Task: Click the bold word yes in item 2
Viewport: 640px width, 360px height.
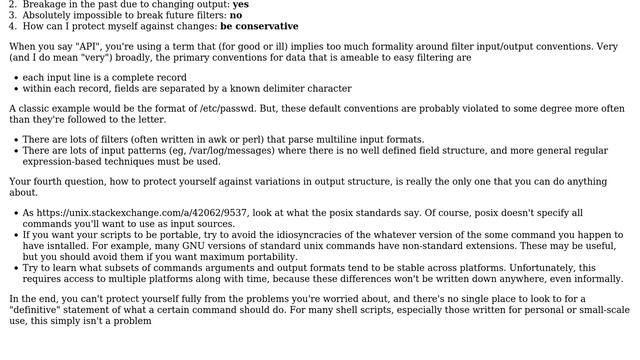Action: [x=241, y=4]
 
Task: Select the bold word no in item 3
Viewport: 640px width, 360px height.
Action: [x=235, y=15]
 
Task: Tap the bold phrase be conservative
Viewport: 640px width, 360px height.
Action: [x=259, y=26]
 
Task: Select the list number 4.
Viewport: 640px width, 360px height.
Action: [x=12, y=26]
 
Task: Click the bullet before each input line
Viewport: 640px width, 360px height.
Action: [x=14, y=77]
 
